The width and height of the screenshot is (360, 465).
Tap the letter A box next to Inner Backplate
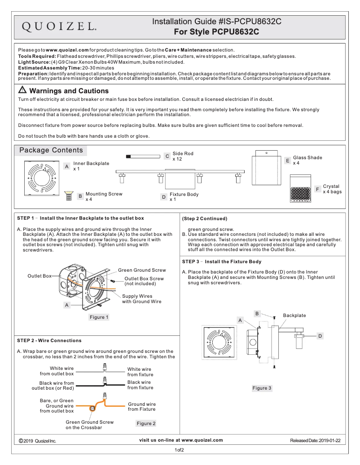pos(67,166)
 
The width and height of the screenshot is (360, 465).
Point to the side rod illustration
pos(143,156)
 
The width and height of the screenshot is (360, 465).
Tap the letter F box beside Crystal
pos(317,189)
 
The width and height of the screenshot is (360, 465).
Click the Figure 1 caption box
pos(99,317)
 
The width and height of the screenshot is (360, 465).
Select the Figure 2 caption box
pos(146,423)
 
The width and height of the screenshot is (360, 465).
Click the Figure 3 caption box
pos(262,388)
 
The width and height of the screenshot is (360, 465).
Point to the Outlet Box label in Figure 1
pos(40,275)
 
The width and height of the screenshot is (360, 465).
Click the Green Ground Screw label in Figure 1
pos(142,270)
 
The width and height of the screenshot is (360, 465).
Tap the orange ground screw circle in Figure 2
pos(92,408)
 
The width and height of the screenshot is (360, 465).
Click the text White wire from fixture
pos(139,372)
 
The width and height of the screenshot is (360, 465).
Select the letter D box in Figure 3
pos(320,335)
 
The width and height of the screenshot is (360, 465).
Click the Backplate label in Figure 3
pos(294,316)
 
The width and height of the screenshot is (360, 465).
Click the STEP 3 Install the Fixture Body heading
pos(222,261)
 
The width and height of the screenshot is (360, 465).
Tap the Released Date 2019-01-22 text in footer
pos(315,441)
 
